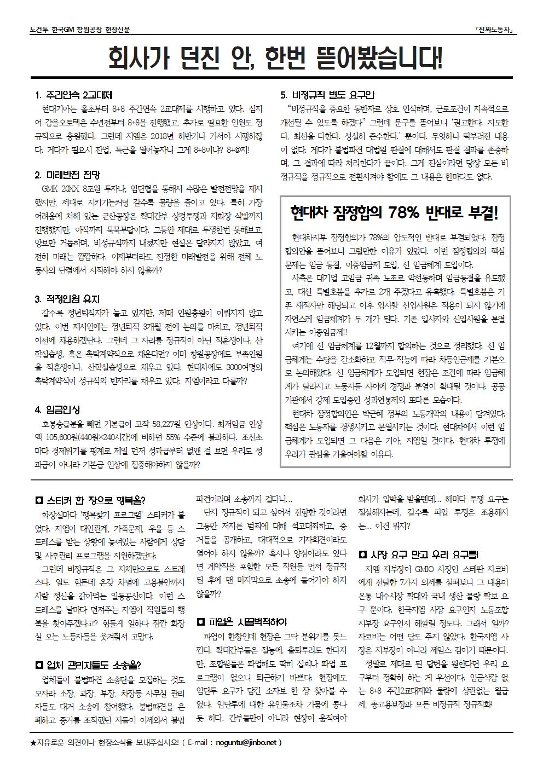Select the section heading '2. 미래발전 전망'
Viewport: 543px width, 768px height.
point(67,176)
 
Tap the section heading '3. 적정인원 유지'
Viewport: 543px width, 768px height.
point(67,299)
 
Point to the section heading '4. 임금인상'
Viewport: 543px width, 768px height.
point(57,410)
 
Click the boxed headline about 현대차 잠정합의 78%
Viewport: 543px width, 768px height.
point(395,212)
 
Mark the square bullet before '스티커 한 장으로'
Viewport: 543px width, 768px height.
point(39,500)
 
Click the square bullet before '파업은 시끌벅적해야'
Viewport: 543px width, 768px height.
point(200,622)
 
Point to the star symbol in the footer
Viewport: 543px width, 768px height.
point(34,743)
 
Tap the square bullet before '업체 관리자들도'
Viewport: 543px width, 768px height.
point(39,666)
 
